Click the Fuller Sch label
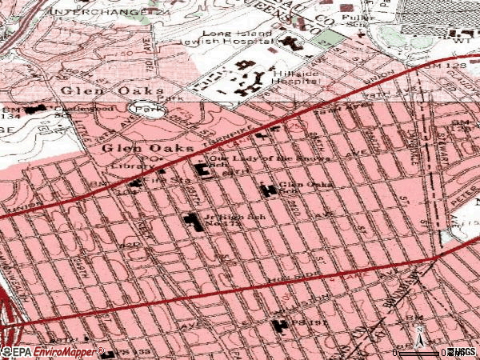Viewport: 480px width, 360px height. (x=352, y=18)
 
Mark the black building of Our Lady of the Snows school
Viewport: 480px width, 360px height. (x=201, y=169)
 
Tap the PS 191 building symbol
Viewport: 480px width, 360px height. (x=280, y=326)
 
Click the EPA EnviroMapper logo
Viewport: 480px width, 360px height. (x=53, y=351)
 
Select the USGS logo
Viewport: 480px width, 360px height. (x=462, y=352)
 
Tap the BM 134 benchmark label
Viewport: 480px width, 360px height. (x=10, y=111)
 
